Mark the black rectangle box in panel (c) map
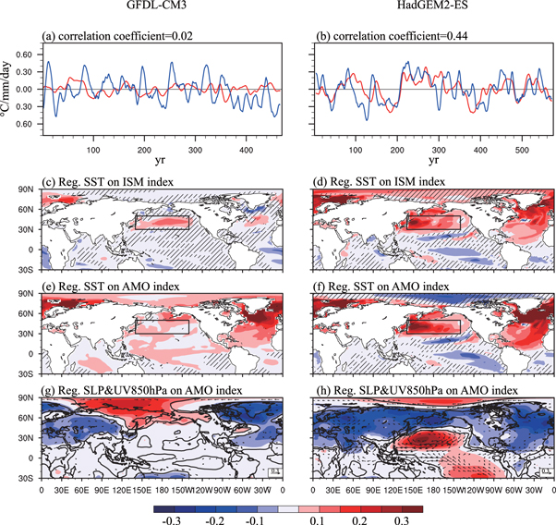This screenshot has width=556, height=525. point(162,222)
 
